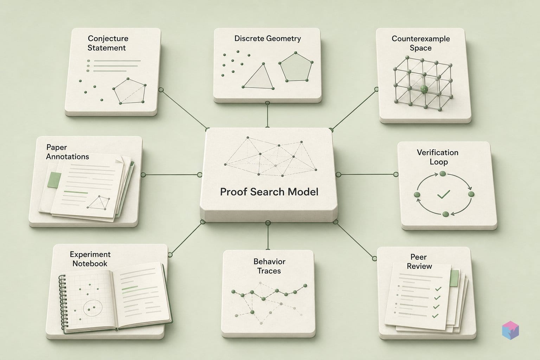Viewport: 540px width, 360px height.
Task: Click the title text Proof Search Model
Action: coord(269,192)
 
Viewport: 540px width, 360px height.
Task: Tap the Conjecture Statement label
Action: coord(108,43)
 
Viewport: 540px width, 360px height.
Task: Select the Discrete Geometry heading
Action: coord(268,39)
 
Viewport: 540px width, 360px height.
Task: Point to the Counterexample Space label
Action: coord(421,43)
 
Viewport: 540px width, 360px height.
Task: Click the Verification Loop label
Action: coord(438,157)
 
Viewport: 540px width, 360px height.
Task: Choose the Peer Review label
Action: coord(419,262)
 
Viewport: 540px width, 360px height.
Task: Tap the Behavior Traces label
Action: coord(269,266)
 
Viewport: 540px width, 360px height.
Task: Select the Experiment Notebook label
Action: coord(90,259)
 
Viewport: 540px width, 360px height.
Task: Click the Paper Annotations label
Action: coord(67,152)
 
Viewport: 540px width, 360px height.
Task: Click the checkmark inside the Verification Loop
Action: coord(444,194)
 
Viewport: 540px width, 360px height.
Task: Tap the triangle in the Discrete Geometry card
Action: coord(258,76)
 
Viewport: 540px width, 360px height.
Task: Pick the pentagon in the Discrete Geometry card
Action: coord(296,67)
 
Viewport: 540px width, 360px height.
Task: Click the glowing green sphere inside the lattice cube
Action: coord(424,89)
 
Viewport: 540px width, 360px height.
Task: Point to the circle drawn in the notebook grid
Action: coord(93,308)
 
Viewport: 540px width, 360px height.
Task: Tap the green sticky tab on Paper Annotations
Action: coord(54,180)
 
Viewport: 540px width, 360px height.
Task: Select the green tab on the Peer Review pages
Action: coord(454,278)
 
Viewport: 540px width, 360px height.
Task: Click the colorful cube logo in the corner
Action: coord(510,330)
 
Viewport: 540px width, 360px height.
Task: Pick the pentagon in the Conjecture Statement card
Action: coord(130,91)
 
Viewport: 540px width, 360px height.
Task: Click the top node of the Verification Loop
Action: coord(443,174)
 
